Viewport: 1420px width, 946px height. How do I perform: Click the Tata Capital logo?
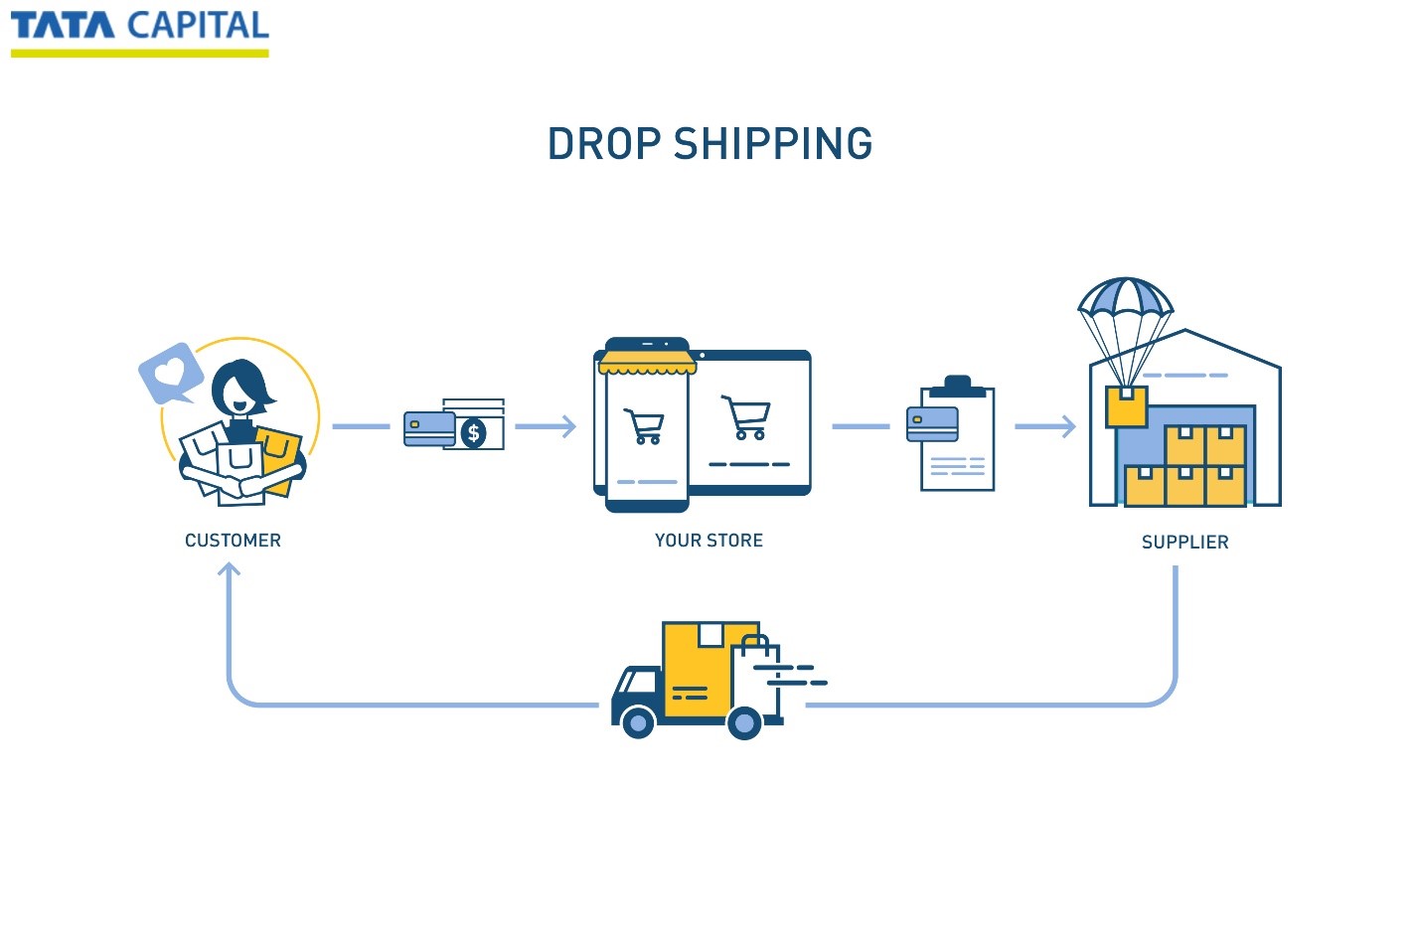click(x=139, y=30)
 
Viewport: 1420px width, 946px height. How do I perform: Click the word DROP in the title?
click(x=604, y=144)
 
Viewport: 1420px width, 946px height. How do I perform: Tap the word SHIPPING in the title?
click(x=773, y=144)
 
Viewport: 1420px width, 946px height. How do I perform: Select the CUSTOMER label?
click(x=233, y=541)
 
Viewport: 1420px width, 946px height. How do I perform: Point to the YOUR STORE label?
click(x=709, y=541)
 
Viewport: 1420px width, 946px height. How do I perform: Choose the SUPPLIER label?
click(x=1184, y=543)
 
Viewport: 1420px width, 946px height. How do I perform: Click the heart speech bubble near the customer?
click(x=170, y=373)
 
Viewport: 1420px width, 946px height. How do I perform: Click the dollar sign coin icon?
click(x=474, y=433)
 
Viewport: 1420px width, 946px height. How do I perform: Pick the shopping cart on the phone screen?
click(x=645, y=426)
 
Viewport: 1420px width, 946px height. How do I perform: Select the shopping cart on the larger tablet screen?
click(x=747, y=417)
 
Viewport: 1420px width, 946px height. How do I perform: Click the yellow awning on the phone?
click(x=646, y=364)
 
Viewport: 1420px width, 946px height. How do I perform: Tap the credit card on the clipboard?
click(x=932, y=424)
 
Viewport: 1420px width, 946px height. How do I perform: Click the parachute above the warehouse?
click(x=1126, y=298)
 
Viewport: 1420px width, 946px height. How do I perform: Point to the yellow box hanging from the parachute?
click(x=1126, y=405)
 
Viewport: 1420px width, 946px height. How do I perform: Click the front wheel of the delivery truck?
click(x=638, y=722)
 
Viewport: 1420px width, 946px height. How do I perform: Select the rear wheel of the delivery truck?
click(x=744, y=722)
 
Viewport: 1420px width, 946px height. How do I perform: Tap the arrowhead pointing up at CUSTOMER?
click(x=230, y=569)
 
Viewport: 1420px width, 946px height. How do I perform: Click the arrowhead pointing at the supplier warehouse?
click(x=1068, y=426)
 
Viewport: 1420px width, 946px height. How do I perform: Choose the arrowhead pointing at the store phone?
click(x=568, y=426)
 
